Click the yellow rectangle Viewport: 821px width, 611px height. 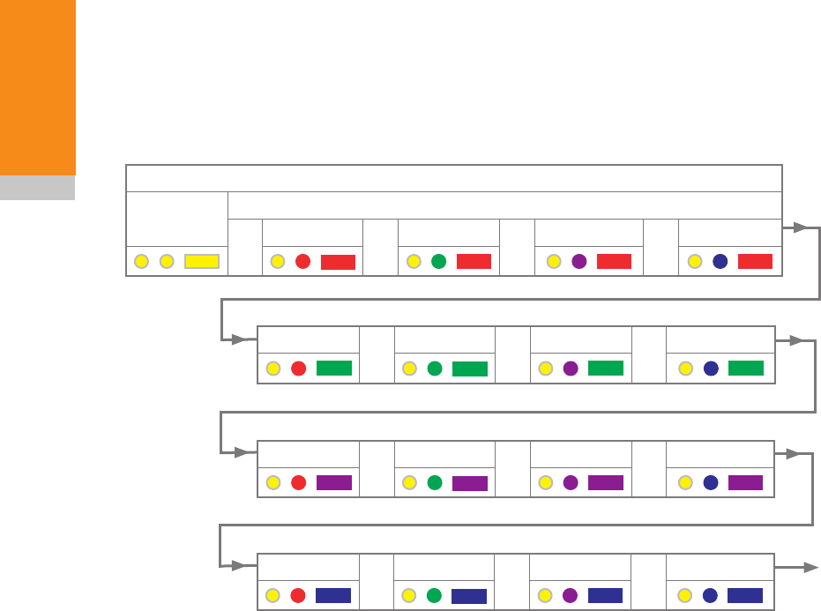(x=202, y=261)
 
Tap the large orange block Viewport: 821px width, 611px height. (x=38, y=87)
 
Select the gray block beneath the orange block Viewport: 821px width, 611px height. (x=38, y=188)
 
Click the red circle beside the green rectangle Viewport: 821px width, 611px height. (x=298, y=369)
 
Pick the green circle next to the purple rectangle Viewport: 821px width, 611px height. (x=434, y=482)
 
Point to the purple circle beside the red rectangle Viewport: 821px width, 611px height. (x=578, y=261)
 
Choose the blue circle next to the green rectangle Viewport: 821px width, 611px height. (x=712, y=369)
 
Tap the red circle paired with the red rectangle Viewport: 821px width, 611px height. (x=302, y=261)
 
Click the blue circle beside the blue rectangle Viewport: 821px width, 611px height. (x=711, y=596)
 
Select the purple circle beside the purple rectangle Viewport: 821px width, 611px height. (x=571, y=482)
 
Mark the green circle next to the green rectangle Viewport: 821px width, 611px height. (x=434, y=369)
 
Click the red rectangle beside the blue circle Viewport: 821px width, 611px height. (x=755, y=261)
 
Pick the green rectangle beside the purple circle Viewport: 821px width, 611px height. (x=606, y=369)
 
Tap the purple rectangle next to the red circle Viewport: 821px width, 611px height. (x=334, y=482)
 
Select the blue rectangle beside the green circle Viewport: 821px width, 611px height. (x=469, y=596)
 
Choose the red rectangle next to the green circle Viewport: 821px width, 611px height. (x=474, y=261)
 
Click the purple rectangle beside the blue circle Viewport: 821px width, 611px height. (x=746, y=482)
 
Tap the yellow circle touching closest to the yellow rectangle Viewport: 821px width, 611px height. (x=166, y=261)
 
